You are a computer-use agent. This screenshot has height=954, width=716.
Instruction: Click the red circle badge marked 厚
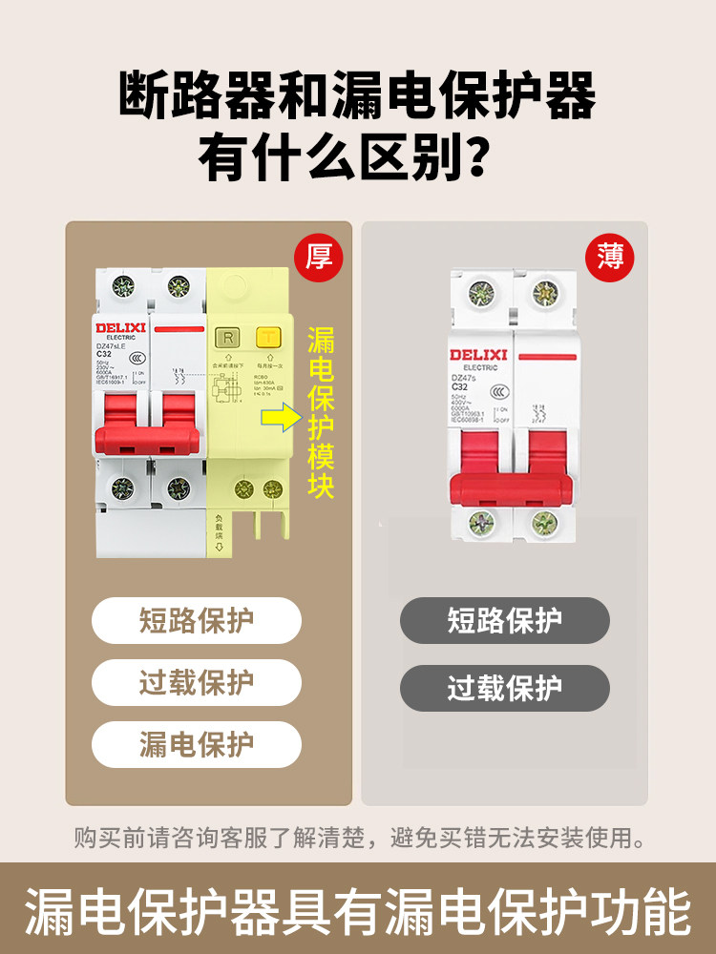318,257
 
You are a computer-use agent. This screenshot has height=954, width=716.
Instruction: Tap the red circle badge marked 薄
610,257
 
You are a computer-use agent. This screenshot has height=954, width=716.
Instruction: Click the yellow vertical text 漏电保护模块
321,413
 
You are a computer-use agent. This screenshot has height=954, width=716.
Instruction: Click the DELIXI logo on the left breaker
119,327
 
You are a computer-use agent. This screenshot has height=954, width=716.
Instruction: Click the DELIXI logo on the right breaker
478,355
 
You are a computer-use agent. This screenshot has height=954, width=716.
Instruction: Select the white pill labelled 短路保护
197,621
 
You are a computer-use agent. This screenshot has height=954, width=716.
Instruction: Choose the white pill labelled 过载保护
197,683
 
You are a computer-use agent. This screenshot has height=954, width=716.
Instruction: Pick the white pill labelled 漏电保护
197,745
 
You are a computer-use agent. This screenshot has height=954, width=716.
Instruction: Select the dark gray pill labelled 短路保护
504,621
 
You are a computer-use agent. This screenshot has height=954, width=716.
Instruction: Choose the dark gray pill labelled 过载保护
504,688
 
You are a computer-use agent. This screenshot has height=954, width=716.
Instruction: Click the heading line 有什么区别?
357,157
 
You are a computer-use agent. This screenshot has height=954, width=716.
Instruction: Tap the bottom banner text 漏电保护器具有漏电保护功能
358,911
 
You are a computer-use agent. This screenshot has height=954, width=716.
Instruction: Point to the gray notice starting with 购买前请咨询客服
358,839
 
